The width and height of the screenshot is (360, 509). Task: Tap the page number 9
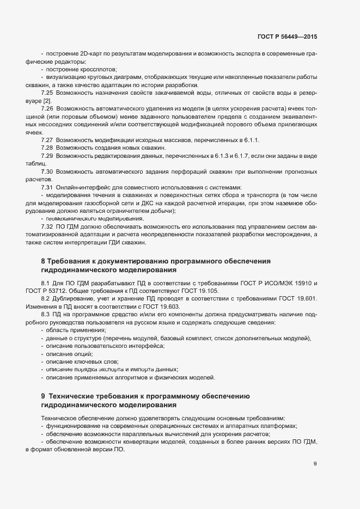315,464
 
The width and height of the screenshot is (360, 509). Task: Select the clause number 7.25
46,93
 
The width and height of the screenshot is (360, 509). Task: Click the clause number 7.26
46,109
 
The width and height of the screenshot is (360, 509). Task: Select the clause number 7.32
46,226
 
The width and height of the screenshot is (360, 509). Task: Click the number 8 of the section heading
43,261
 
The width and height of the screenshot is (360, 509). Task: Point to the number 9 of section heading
43,395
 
